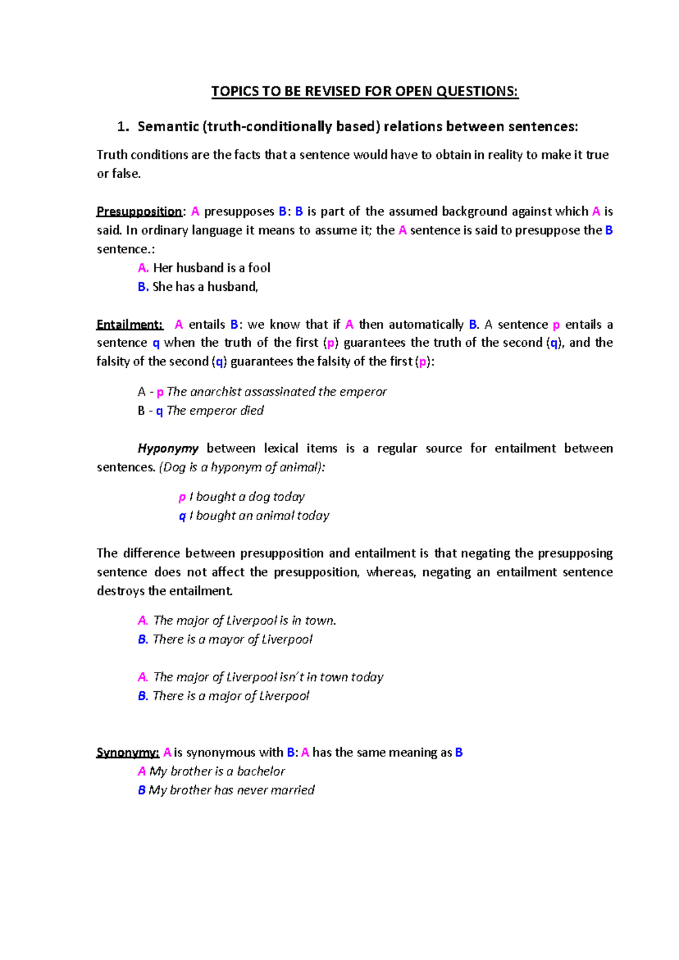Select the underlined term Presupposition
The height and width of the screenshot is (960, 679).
click(x=139, y=212)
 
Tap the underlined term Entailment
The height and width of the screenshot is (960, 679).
click(x=130, y=325)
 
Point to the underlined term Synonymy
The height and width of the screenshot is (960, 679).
click(x=127, y=752)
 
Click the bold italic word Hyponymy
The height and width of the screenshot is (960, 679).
click(x=167, y=449)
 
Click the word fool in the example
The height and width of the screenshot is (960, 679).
click(x=259, y=268)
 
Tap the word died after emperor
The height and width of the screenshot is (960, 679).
click(x=252, y=411)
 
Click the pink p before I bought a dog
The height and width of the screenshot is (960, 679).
click(x=182, y=497)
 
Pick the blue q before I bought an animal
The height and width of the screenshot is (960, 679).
click(x=182, y=516)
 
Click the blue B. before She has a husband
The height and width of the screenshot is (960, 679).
click(x=143, y=287)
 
